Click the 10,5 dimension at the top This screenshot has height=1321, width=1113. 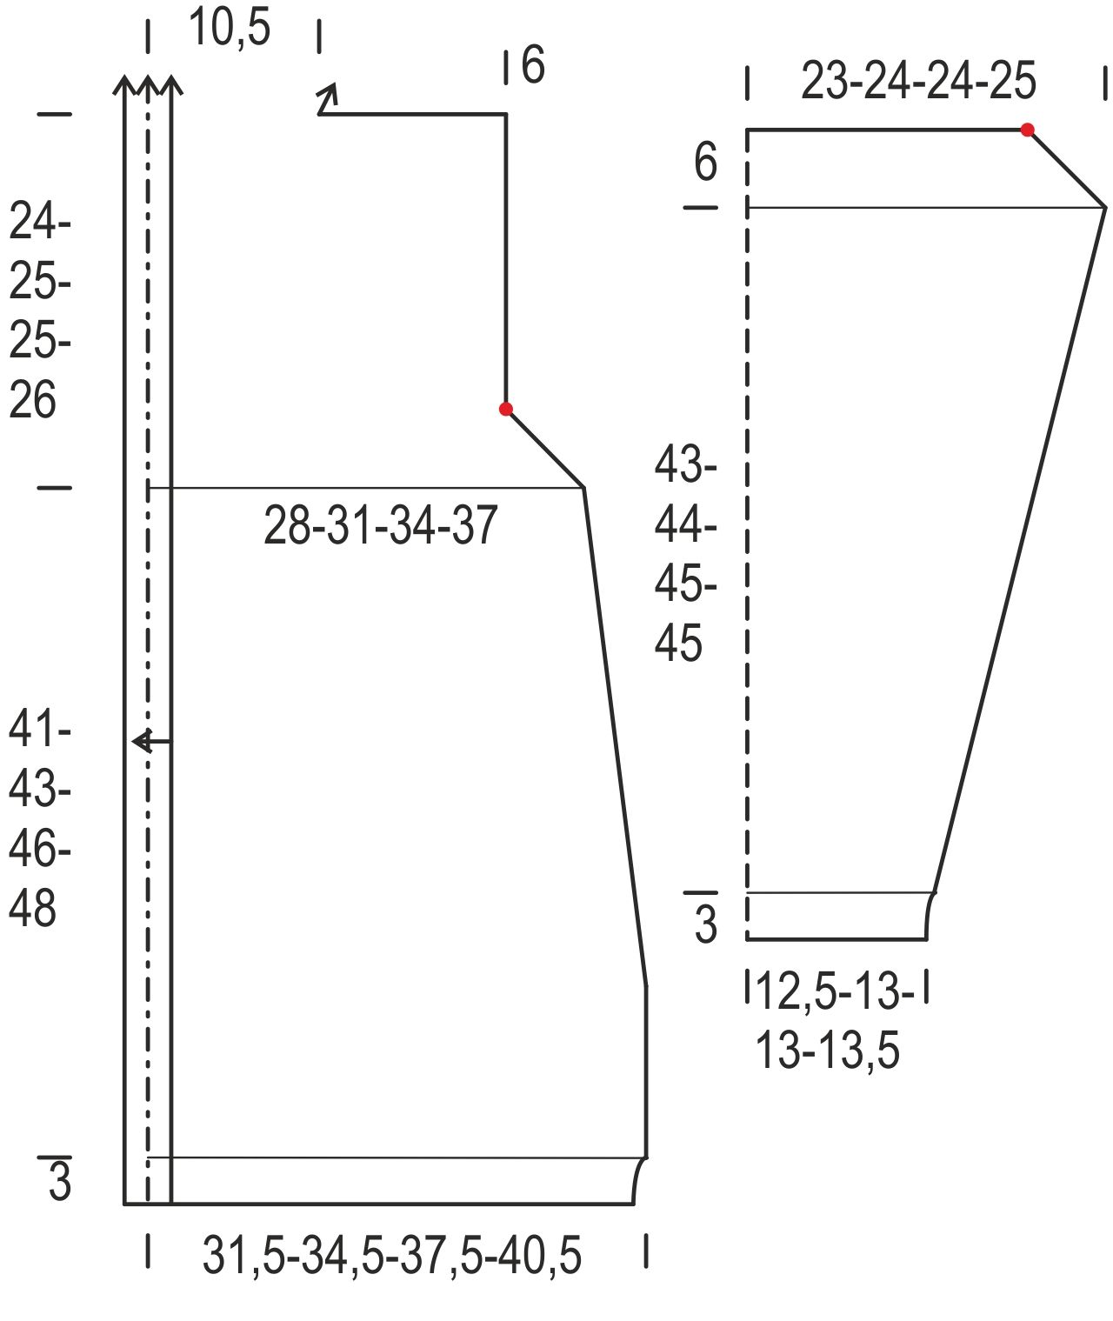230,28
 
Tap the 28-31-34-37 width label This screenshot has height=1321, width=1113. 380,525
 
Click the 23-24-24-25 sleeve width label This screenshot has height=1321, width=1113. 919,81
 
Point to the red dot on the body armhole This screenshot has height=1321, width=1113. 505,410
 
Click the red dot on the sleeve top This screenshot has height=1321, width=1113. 1028,130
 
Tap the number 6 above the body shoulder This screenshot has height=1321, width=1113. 533,64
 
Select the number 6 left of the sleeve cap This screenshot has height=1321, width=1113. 706,162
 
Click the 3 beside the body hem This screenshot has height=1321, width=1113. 60,1181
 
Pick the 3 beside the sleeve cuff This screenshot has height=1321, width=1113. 706,924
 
